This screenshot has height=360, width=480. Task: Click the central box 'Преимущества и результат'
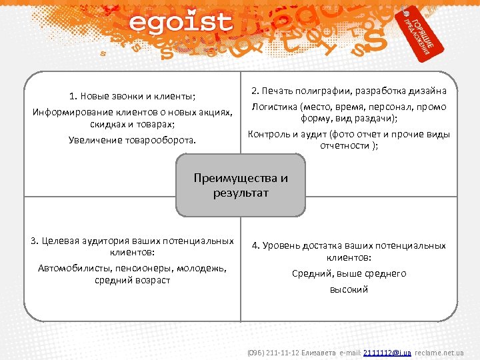[x=241, y=185]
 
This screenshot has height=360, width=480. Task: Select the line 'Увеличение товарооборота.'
[x=133, y=140]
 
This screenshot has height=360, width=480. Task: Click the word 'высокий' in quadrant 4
[x=349, y=289]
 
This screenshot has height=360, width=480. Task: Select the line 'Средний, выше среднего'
[x=349, y=273]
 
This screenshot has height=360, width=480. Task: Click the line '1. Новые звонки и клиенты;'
[x=133, y=95]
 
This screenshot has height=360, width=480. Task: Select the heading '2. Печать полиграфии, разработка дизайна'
[x=349, y=91]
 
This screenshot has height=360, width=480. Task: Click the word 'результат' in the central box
[x=241, y=193]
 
